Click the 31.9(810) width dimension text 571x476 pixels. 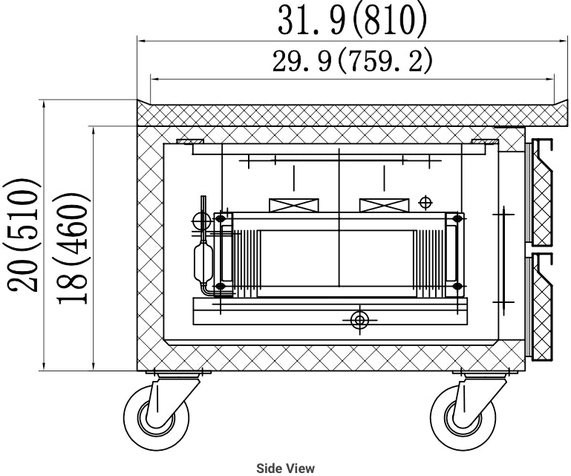click(353, 22)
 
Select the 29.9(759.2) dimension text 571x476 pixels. click(353, 62)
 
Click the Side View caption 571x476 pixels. click(285, 468)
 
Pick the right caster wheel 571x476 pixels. click(466, 420)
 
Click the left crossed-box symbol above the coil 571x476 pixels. click(293, 204)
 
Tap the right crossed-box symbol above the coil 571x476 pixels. click(384, 204)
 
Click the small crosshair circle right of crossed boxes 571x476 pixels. click(425, 201)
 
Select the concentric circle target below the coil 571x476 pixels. click(360, 319)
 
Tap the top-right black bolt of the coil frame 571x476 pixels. click(457, 218)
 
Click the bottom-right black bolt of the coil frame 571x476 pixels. click(457, 286)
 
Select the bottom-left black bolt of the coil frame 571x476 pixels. click(220, 286)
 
